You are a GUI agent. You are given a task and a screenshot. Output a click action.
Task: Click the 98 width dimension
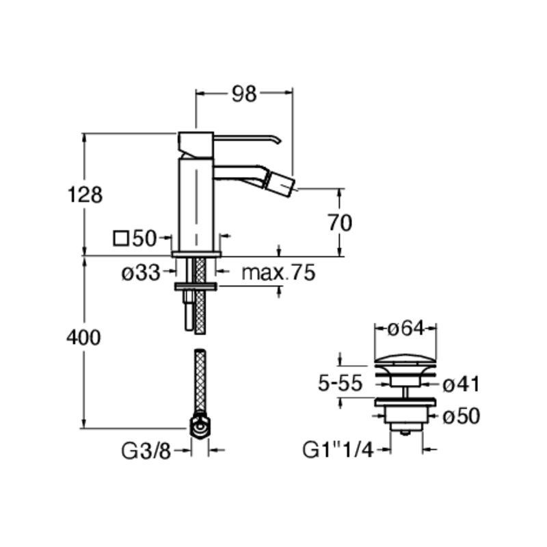pyautogui.click(x=244, y=94)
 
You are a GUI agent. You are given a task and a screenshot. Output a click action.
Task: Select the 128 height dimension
pyautogui.click(x=85, y=195)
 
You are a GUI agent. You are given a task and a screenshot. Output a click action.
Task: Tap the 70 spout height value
pyautogui.click(x=340, y=223)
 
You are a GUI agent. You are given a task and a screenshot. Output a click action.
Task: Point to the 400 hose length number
pyautogui.click(x=83, y=337)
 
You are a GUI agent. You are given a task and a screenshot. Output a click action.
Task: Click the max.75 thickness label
pyautogui.click(x=278, y=272)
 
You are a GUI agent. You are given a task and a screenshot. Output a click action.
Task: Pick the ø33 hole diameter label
pyautogui.click(x=141, y=272)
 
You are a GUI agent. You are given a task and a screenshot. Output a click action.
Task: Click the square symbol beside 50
pyautogui.click(x=121, y=239)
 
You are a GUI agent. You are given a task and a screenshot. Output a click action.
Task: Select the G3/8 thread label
pyautogui.click(x=146, y=451)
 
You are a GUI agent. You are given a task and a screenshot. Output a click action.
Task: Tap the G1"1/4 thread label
pyautogui.click(x=338, y=450)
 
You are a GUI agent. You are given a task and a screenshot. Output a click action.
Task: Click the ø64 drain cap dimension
pyautogui.click(x=405, y=328)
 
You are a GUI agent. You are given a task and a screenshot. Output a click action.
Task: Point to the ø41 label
pyautogui.click(x=461, y=384)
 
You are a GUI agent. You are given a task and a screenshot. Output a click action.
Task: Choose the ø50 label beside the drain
pyautogui.click(x=461, y=416)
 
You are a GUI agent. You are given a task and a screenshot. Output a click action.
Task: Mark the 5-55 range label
pyautogui.click(x=341, y=384)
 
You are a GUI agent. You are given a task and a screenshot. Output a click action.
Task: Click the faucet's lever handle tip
pyautogui.click(x=278, y=141)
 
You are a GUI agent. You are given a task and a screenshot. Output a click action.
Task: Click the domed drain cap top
pyautogui.click(x=405, y=360)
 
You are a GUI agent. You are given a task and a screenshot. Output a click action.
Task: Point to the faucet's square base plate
pyautogui.click(x=196, y=254)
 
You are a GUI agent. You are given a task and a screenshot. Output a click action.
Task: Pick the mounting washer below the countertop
pyautogui.click(x=196, y=286)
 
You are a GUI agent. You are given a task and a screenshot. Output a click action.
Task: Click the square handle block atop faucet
pyautogui.click(x=196, y=144)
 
